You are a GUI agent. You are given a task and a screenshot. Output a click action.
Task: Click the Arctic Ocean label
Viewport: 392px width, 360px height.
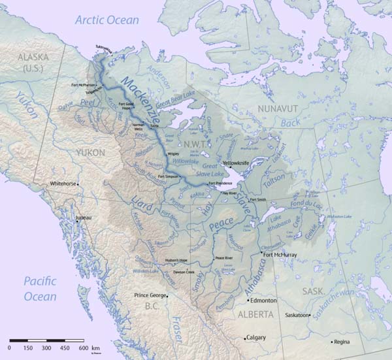106,20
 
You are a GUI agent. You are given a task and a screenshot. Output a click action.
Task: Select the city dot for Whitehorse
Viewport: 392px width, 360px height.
78,184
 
